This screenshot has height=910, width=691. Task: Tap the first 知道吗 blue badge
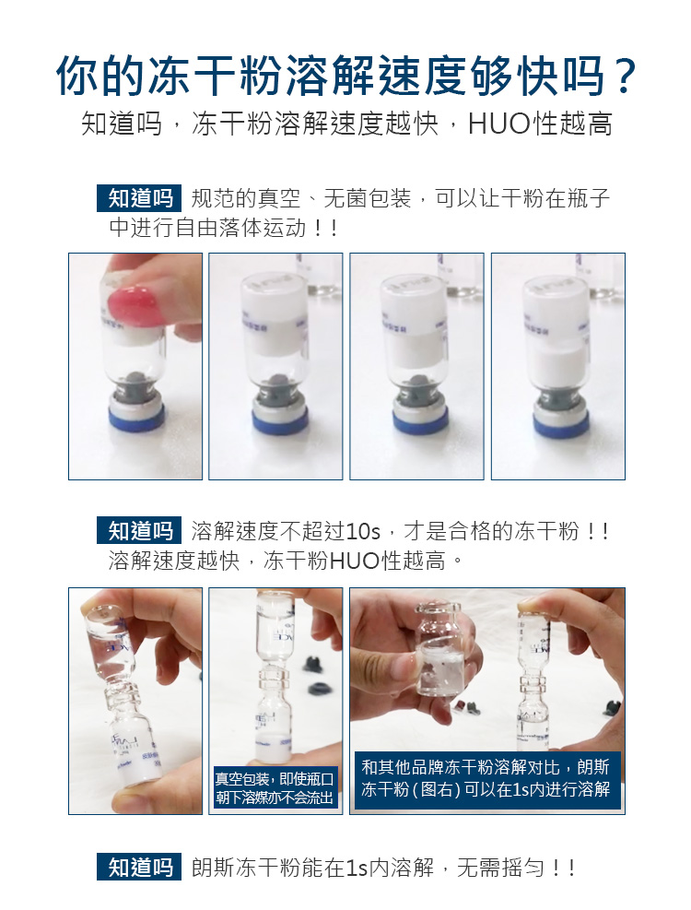139,198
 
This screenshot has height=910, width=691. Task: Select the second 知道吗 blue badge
139,530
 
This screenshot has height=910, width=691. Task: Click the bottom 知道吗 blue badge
139,867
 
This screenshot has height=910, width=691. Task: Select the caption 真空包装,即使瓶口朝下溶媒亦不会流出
275,787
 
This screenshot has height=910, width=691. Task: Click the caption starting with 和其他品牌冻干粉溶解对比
485,777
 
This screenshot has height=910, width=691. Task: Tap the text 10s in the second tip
363,530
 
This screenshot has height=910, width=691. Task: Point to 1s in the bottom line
357,868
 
